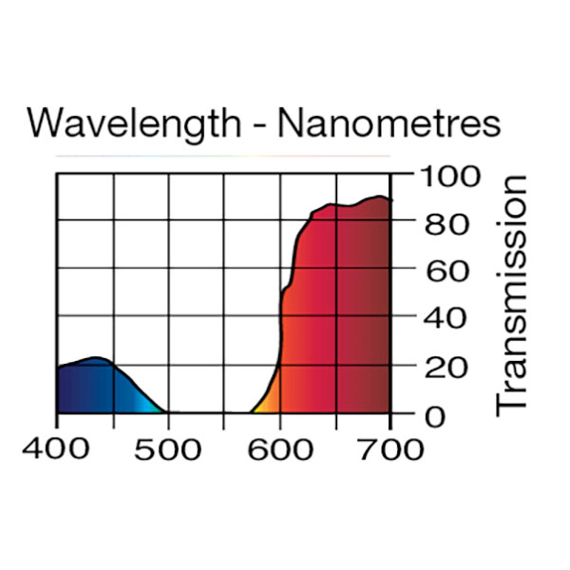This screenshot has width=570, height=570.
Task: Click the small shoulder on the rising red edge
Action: click(288, 289)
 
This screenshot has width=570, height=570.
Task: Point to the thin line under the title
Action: click(223, 155)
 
